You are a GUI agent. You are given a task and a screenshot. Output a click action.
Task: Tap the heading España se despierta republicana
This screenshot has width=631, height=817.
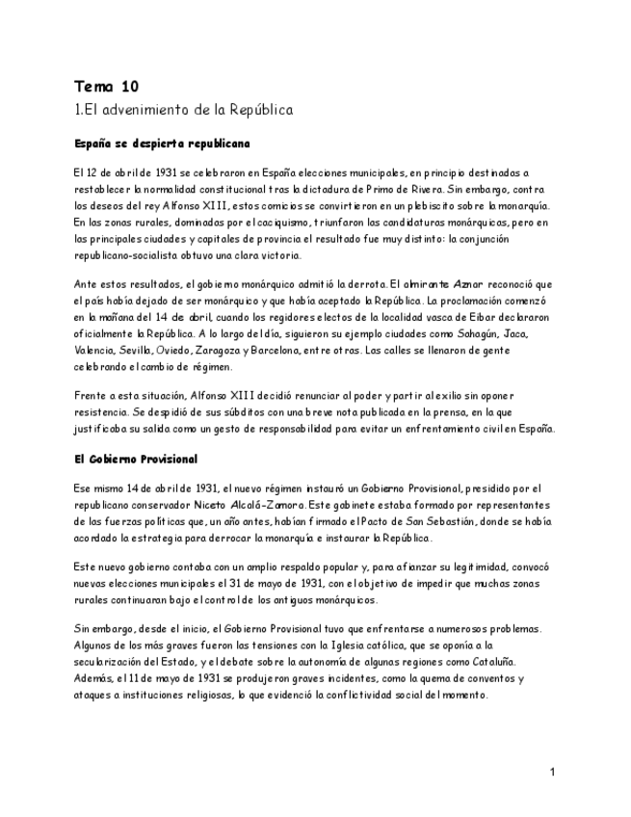point(162,144)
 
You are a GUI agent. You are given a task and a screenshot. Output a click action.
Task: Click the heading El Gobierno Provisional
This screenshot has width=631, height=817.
point(135,460)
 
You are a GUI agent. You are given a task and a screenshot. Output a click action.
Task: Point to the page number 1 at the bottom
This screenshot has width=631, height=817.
point(553,772)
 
